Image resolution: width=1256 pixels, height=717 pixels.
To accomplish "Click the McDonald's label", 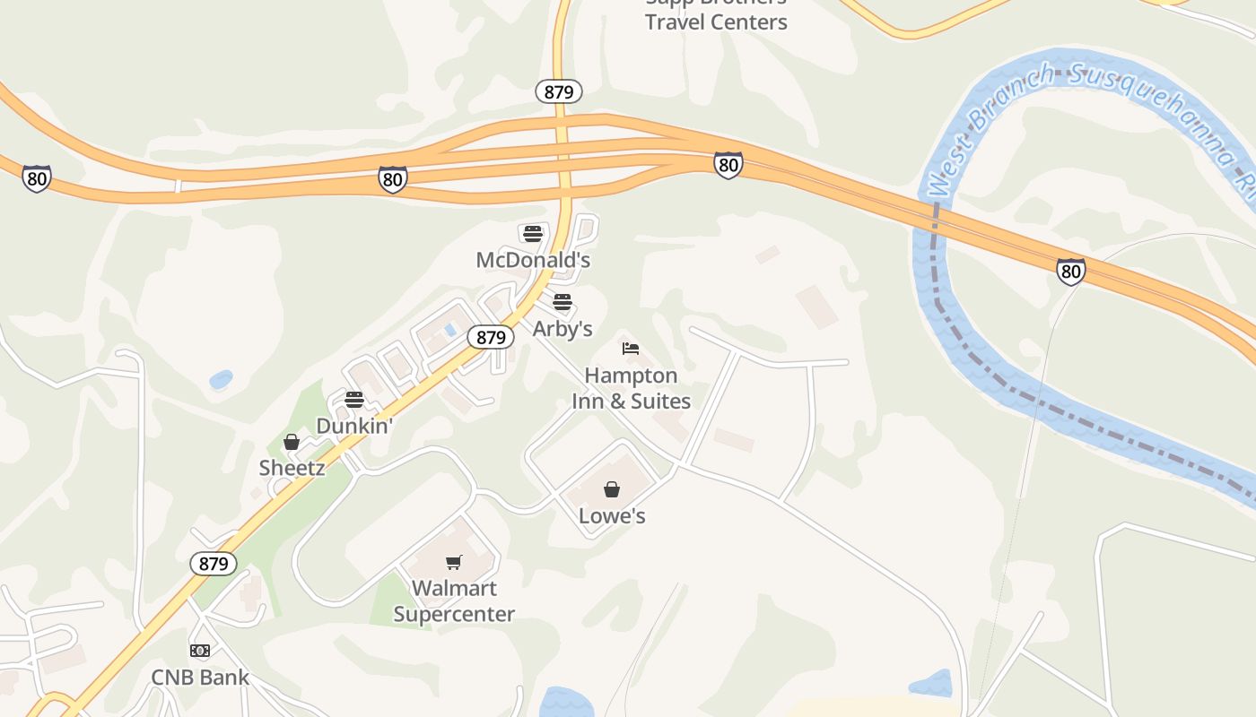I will click(x=533, y=260).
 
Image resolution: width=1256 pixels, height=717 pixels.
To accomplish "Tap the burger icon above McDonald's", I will click(x=533, y=234).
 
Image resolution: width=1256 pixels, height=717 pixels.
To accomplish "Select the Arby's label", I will click(x=563, y=329).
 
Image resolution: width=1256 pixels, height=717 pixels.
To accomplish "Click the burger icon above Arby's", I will click(x=563, y=302).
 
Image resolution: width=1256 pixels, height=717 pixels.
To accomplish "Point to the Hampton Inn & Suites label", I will click(x=632, y=388).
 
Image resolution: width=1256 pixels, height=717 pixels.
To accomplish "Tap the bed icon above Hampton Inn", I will click(x=631, y=349).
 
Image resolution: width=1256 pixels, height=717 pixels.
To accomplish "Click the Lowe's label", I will click(x=612, y=516).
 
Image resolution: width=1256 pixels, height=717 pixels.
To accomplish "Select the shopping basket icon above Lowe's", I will click(x=612, y=489).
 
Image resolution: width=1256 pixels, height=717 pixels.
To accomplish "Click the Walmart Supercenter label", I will click(x=454, y=601).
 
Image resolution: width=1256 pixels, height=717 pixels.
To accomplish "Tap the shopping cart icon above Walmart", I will click(x=454, y=563).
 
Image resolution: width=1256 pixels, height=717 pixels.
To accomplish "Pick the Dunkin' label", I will click(x=355, y=427).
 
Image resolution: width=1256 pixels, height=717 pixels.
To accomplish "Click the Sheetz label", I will click(x=292, y=468).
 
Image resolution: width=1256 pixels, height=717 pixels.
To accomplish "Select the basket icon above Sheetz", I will click(x=292, y=442).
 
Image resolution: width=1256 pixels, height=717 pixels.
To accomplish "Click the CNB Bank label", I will click(x=200, y=678).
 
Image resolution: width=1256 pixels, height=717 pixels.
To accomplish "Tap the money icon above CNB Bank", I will click(x=200, y=651).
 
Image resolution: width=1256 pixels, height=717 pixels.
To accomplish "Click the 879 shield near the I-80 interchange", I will click(x=559, y=91).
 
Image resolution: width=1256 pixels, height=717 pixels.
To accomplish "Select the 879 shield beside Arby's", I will click(x=491, y=337).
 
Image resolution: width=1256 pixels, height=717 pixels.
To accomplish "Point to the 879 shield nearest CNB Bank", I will click(x=214, y=564).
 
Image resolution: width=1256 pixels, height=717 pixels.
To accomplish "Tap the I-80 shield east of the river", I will click(x=1070, y=271).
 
